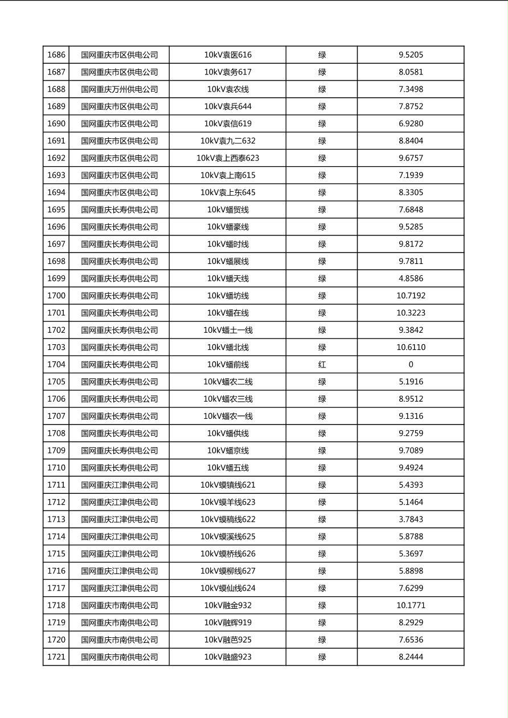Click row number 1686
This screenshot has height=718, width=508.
(x=56, y=55)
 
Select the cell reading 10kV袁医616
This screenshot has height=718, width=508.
(x=228, y=55)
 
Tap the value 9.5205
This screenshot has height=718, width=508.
(x=411, y=55)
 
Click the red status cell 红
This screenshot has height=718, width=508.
(x=322, y=365)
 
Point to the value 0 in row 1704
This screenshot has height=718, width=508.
(x=411, y=365)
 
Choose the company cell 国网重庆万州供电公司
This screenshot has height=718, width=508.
(x=119, y=89)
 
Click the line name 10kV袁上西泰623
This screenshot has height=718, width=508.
(x=228, y=158)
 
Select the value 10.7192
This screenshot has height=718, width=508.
(x=411, y=296)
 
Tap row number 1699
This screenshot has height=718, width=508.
(x=56, y=279)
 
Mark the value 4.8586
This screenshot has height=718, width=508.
(x=411, y=279)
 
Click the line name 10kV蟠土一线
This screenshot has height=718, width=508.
(x=228, y=330)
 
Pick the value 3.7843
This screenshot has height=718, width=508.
(x=411, y=519)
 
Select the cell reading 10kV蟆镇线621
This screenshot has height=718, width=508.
(x=228, y=485)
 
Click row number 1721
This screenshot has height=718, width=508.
(x=56, y=657)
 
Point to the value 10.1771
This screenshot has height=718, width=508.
(x=411, y=605)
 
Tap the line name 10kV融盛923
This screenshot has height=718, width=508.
(x=228, y=657)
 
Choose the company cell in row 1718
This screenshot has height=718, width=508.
(x=119, y=605)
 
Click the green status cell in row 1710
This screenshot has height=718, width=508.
(x=322, y=468)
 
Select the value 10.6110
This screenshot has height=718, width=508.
(x=411, y=348)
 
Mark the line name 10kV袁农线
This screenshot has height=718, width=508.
(x=228, y=89)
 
